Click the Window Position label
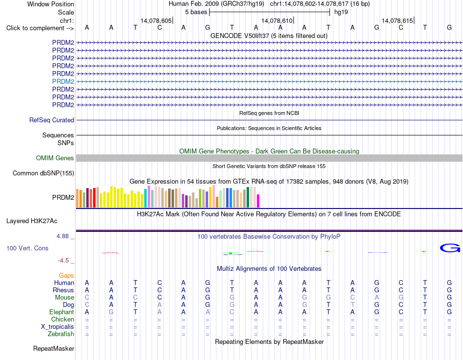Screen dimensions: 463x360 pyautogui.click(x=51, y=4)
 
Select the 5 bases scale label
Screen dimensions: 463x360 pyautogui.click(x=196, y=12)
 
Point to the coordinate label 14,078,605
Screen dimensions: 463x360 pyautogui.click(x=156, y=20)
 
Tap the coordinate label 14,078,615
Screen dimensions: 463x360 pyautogui.click(x=397, y=20)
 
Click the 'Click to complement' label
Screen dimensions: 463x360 pyautogui.click(x=40, y=28)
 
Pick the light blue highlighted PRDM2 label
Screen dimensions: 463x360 pyautogui.click(x=63, y=81)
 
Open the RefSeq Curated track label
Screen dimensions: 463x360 pyautogui.click(x=52, y=120)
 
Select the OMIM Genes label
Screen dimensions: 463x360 pyautogui.click(x=55, y=158)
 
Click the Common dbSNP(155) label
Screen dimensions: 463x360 pyautogui.click(x=43, y=173)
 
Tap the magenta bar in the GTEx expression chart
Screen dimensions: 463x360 pyautogui.click(x=258, y=201)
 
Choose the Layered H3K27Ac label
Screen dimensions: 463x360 pyautogui.click(x=32, y=221)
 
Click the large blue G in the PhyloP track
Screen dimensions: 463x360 pyautogui.click(x=450, y=248)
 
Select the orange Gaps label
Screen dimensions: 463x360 pyautogui.click(x=66, y=275)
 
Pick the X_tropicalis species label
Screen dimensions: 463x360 pyautogui.click(x=58, y=327)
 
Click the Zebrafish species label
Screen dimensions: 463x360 pyautogui.click(x=61, y=334)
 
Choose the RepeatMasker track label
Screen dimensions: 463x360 pyautogui.click(x=54, y=348)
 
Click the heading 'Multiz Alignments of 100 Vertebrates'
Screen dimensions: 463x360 pyautogui.click(x=269, y=268)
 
